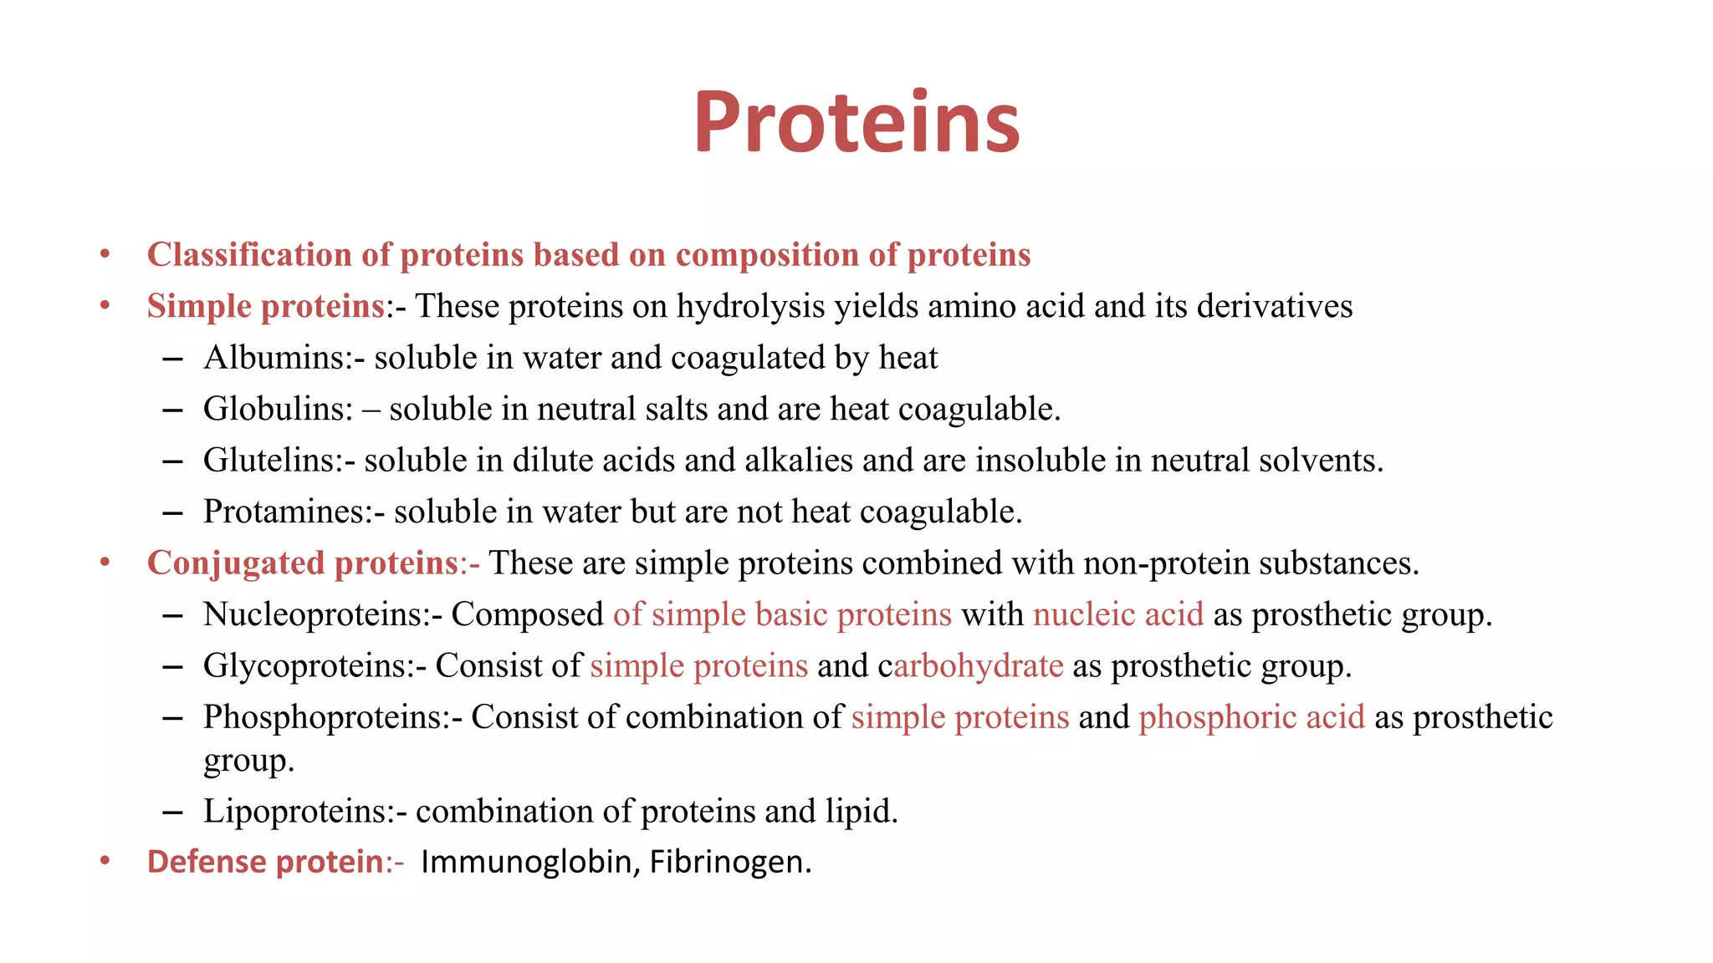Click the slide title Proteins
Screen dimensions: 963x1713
pos(856,123)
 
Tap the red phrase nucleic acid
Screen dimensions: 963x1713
pos(1118,614)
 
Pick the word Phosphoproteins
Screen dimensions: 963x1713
pos(327,717)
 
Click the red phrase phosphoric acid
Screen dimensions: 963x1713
pos(1251,717)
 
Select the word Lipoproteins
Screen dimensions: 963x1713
pos(298,812)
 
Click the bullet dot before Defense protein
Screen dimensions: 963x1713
pos(105,860)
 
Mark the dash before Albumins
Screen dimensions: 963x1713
pos(173,359)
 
